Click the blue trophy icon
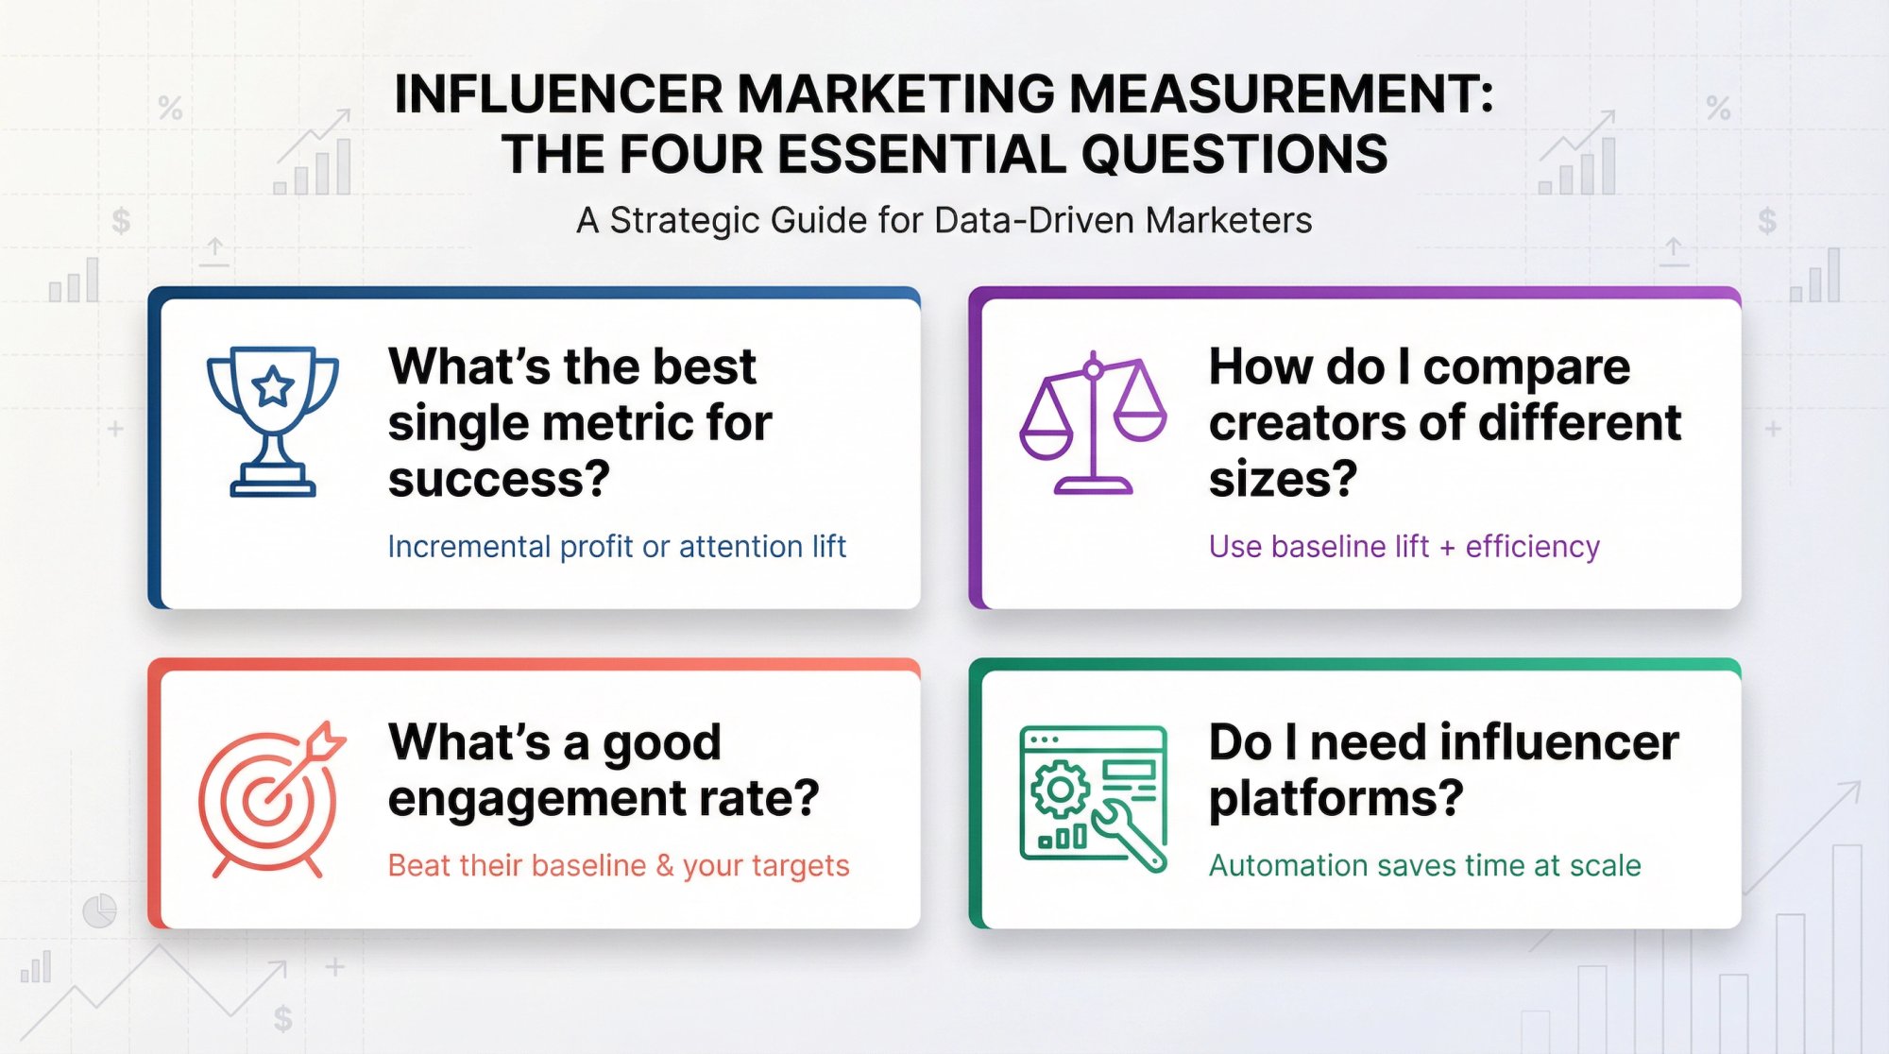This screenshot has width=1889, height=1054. pos(272,419)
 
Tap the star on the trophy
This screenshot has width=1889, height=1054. pos(273,385)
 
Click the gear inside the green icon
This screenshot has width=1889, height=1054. pos(1060,789)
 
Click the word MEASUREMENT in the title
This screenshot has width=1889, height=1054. pos(1281,94)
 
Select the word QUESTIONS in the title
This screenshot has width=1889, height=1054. pos(1234,155)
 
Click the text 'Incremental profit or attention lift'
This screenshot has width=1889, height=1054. pos(616,547)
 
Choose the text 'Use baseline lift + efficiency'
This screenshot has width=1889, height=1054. pos(1404,547)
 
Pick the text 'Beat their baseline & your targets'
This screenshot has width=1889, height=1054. pos(618,866)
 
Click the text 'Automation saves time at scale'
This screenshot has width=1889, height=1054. pos(1424,866)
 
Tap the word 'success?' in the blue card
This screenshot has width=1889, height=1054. pos(499,480)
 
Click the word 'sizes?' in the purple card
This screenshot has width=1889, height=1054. pos(1283,480)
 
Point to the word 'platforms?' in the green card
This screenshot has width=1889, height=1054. pos(1336,799)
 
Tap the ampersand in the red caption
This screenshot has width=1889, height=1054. pos(665,866)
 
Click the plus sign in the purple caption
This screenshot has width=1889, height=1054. pos(1447,548)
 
